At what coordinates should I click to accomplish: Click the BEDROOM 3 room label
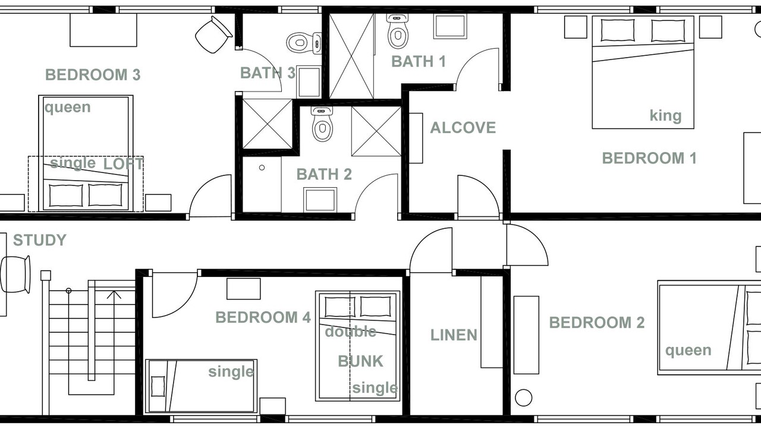click(93, 75)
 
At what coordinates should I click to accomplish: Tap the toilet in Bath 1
click(398, 32)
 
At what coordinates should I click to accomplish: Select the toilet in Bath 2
click(322, 124)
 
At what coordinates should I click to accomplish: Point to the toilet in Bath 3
click(304, 43)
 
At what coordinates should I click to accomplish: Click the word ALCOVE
click(463, 128)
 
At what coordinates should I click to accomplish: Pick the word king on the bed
click(665, 115)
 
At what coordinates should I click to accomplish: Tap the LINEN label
click(454, 335)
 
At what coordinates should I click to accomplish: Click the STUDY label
click(40, 240)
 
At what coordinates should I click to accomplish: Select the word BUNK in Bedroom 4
click(360, 361)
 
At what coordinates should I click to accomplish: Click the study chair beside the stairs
click(15, 275)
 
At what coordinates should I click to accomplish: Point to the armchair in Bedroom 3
click(214, 34)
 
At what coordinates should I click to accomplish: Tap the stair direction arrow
click(114, 294)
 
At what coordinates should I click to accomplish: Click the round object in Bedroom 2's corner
click(523, 398)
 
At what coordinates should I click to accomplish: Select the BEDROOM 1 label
click(649, 158)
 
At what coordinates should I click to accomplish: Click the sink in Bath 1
click(450, 26)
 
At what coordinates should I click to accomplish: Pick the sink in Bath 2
click(320, 200)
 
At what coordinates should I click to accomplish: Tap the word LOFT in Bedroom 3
click(123, 164)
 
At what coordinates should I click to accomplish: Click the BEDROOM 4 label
click(263, 317)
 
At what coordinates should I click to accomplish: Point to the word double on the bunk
click(351, 332)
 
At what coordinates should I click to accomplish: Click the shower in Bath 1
click(351, 56)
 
